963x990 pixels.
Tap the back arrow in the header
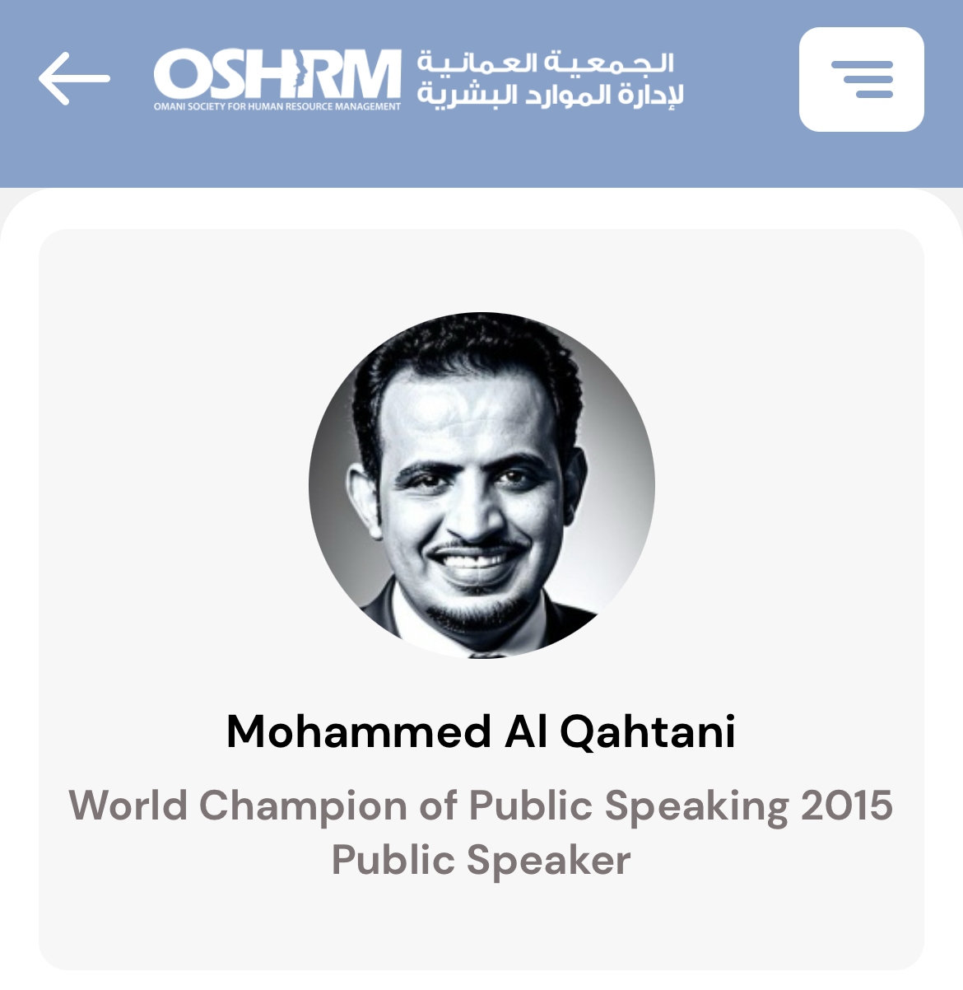point(74,78)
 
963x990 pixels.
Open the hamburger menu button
point(861,79)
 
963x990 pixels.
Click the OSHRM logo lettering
point(277,74)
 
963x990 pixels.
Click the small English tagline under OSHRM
point(277,107)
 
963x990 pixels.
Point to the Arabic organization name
point(550,79)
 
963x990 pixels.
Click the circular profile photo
point(481,485)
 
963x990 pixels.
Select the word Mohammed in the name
point(359,731)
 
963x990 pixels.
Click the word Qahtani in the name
point(647,732)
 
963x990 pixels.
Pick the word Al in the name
point(526,731)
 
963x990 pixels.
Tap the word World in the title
point(128,806)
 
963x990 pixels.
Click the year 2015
point(847,806)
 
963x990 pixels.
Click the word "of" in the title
point(438,806)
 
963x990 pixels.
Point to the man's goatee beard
point(476,613)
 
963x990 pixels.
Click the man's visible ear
point(364,500)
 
